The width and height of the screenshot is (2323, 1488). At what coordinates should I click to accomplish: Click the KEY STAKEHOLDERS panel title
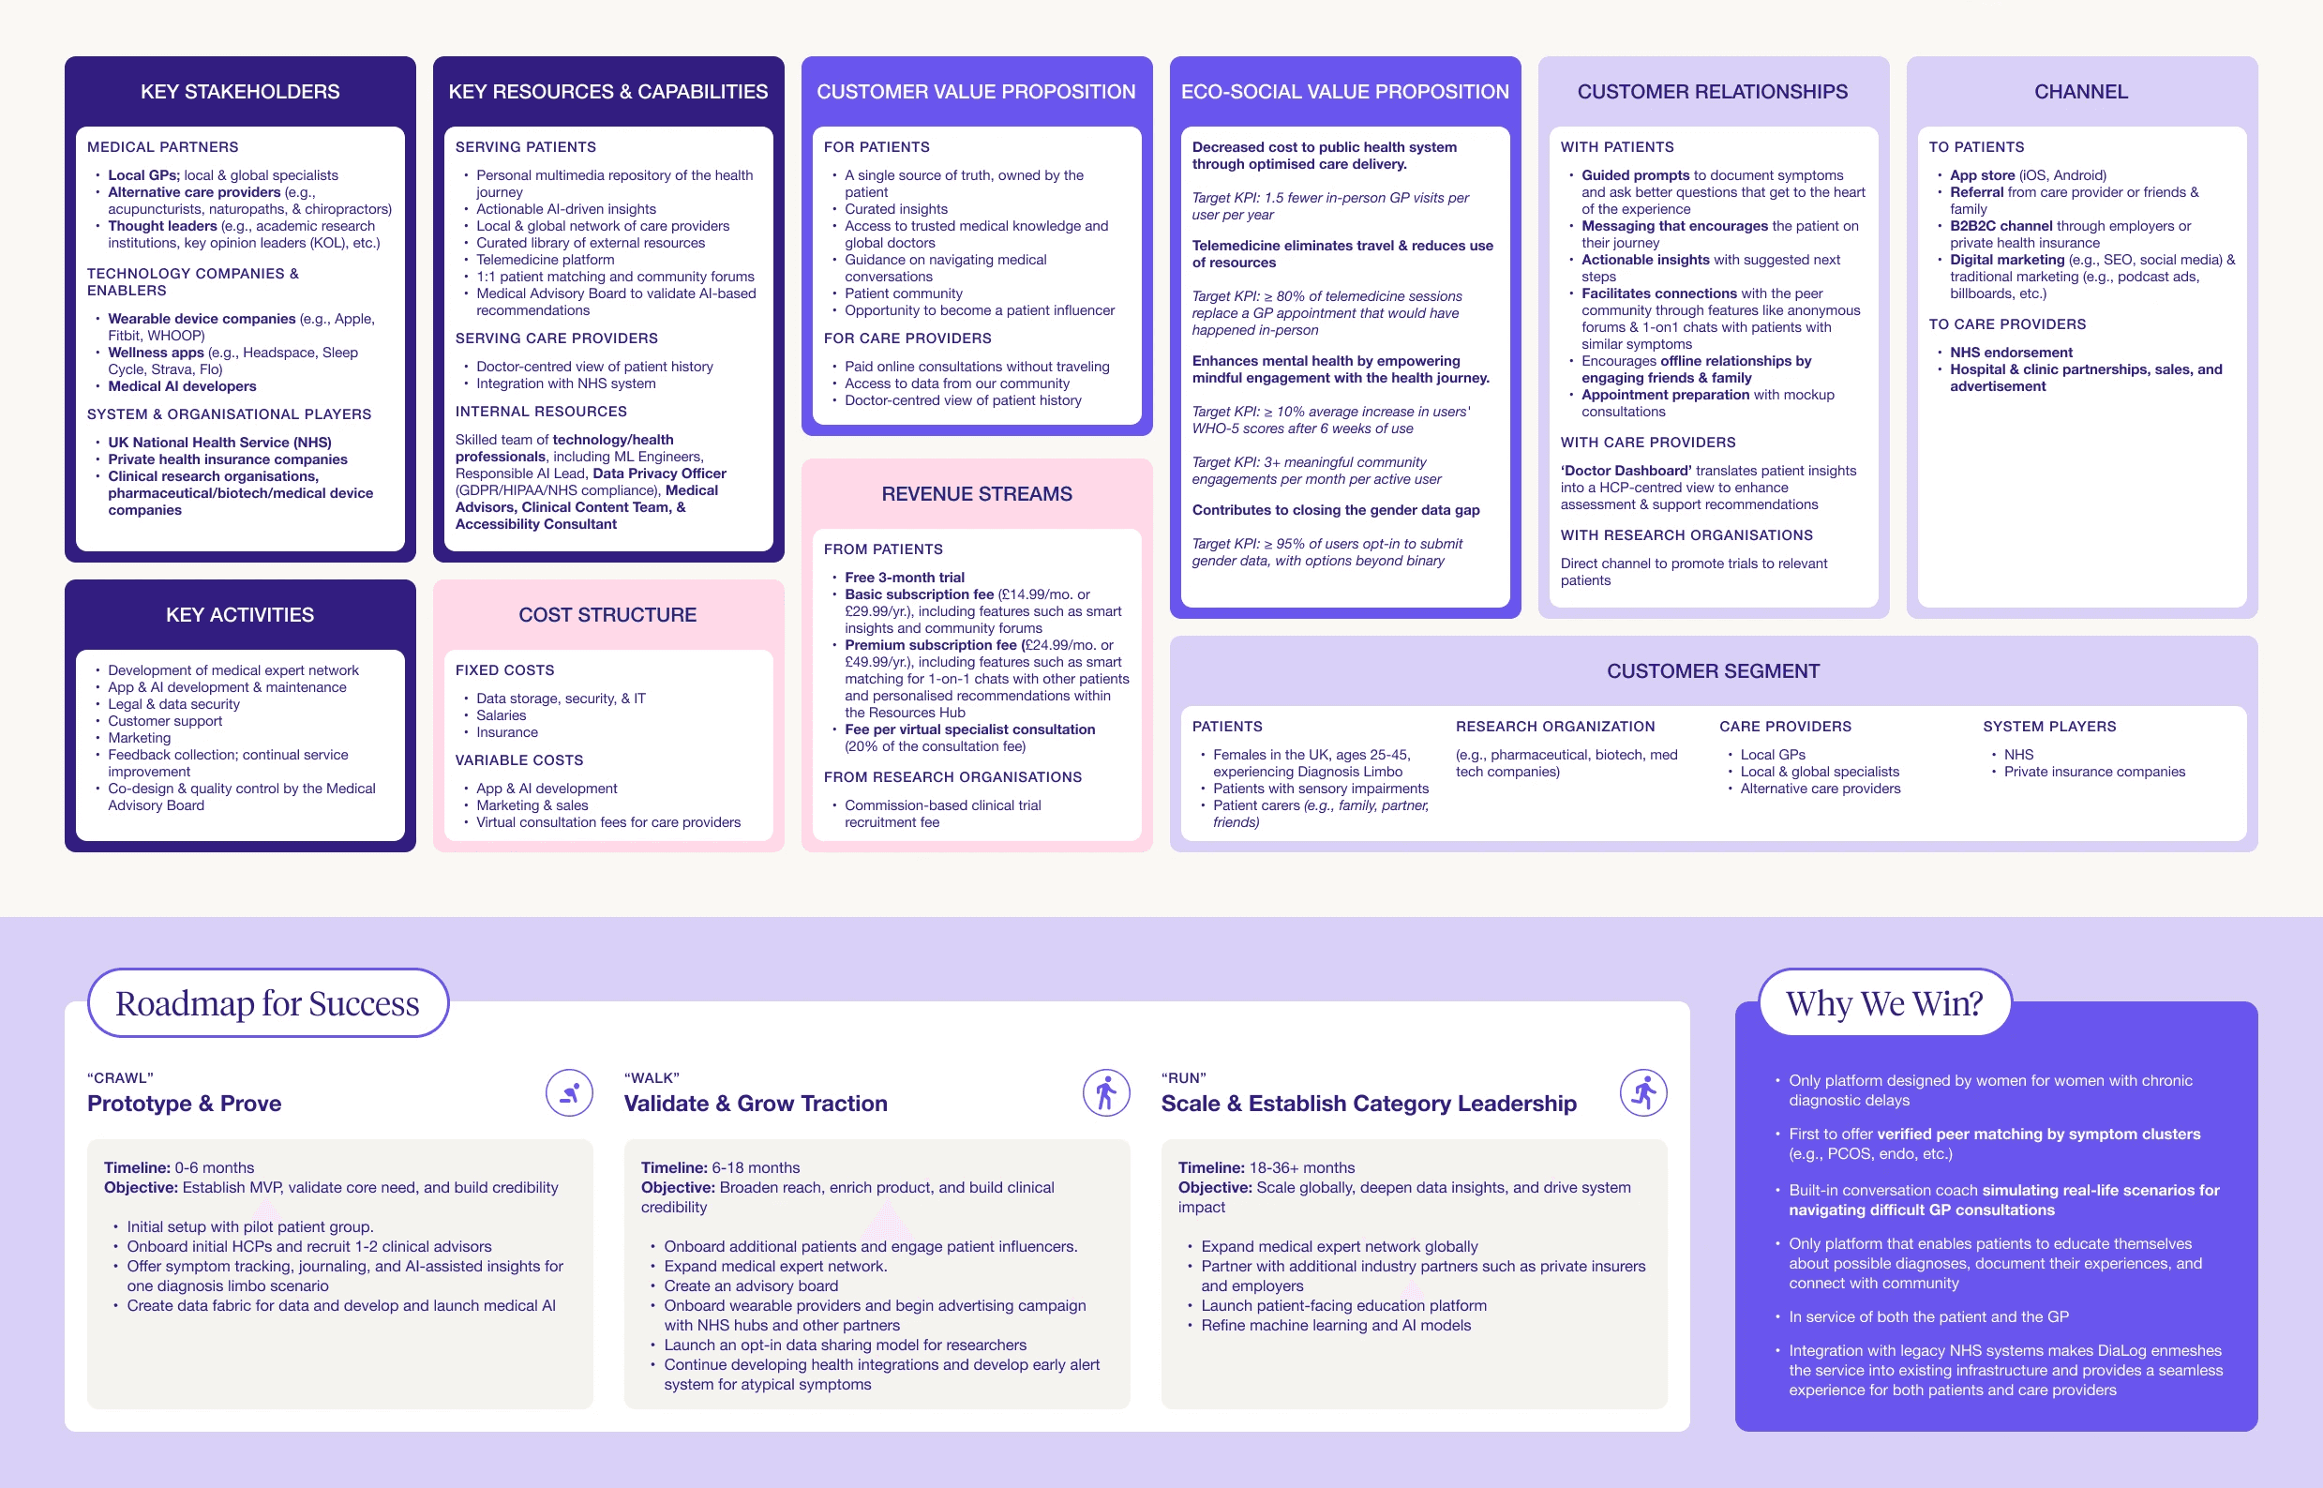240,92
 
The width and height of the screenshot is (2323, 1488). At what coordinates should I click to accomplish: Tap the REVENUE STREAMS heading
977,494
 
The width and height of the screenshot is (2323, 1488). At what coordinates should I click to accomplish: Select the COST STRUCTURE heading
607,614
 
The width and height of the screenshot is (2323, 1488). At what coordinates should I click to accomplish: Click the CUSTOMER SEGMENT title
1713,670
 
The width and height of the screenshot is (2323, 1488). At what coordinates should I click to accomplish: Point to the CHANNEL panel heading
2080,92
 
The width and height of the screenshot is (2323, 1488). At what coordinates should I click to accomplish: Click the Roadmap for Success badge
267,1003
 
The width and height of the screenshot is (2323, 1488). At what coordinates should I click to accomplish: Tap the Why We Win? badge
1883,1003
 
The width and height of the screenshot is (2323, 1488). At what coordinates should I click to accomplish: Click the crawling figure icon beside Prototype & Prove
570,1093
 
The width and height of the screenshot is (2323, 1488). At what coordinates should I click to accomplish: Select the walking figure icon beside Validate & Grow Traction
1106,1093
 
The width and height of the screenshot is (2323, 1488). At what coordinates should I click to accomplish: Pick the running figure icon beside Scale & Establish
1643,1093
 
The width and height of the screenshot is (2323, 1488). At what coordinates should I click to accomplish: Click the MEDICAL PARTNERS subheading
162,147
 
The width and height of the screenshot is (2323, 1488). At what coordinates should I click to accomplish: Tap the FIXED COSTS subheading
504,669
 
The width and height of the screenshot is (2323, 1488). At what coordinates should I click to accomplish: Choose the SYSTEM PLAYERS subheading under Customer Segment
2048,726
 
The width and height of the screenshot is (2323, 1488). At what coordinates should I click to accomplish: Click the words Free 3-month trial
904,577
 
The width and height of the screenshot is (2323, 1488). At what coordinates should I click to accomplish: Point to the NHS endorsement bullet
2011,353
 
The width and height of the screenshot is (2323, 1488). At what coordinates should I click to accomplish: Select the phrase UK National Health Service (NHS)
219,443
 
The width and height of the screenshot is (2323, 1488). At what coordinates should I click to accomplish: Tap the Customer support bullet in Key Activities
165,721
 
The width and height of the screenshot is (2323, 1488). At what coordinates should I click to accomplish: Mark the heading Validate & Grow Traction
756,1104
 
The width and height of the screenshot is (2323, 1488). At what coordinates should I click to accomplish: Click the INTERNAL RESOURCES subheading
541,412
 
